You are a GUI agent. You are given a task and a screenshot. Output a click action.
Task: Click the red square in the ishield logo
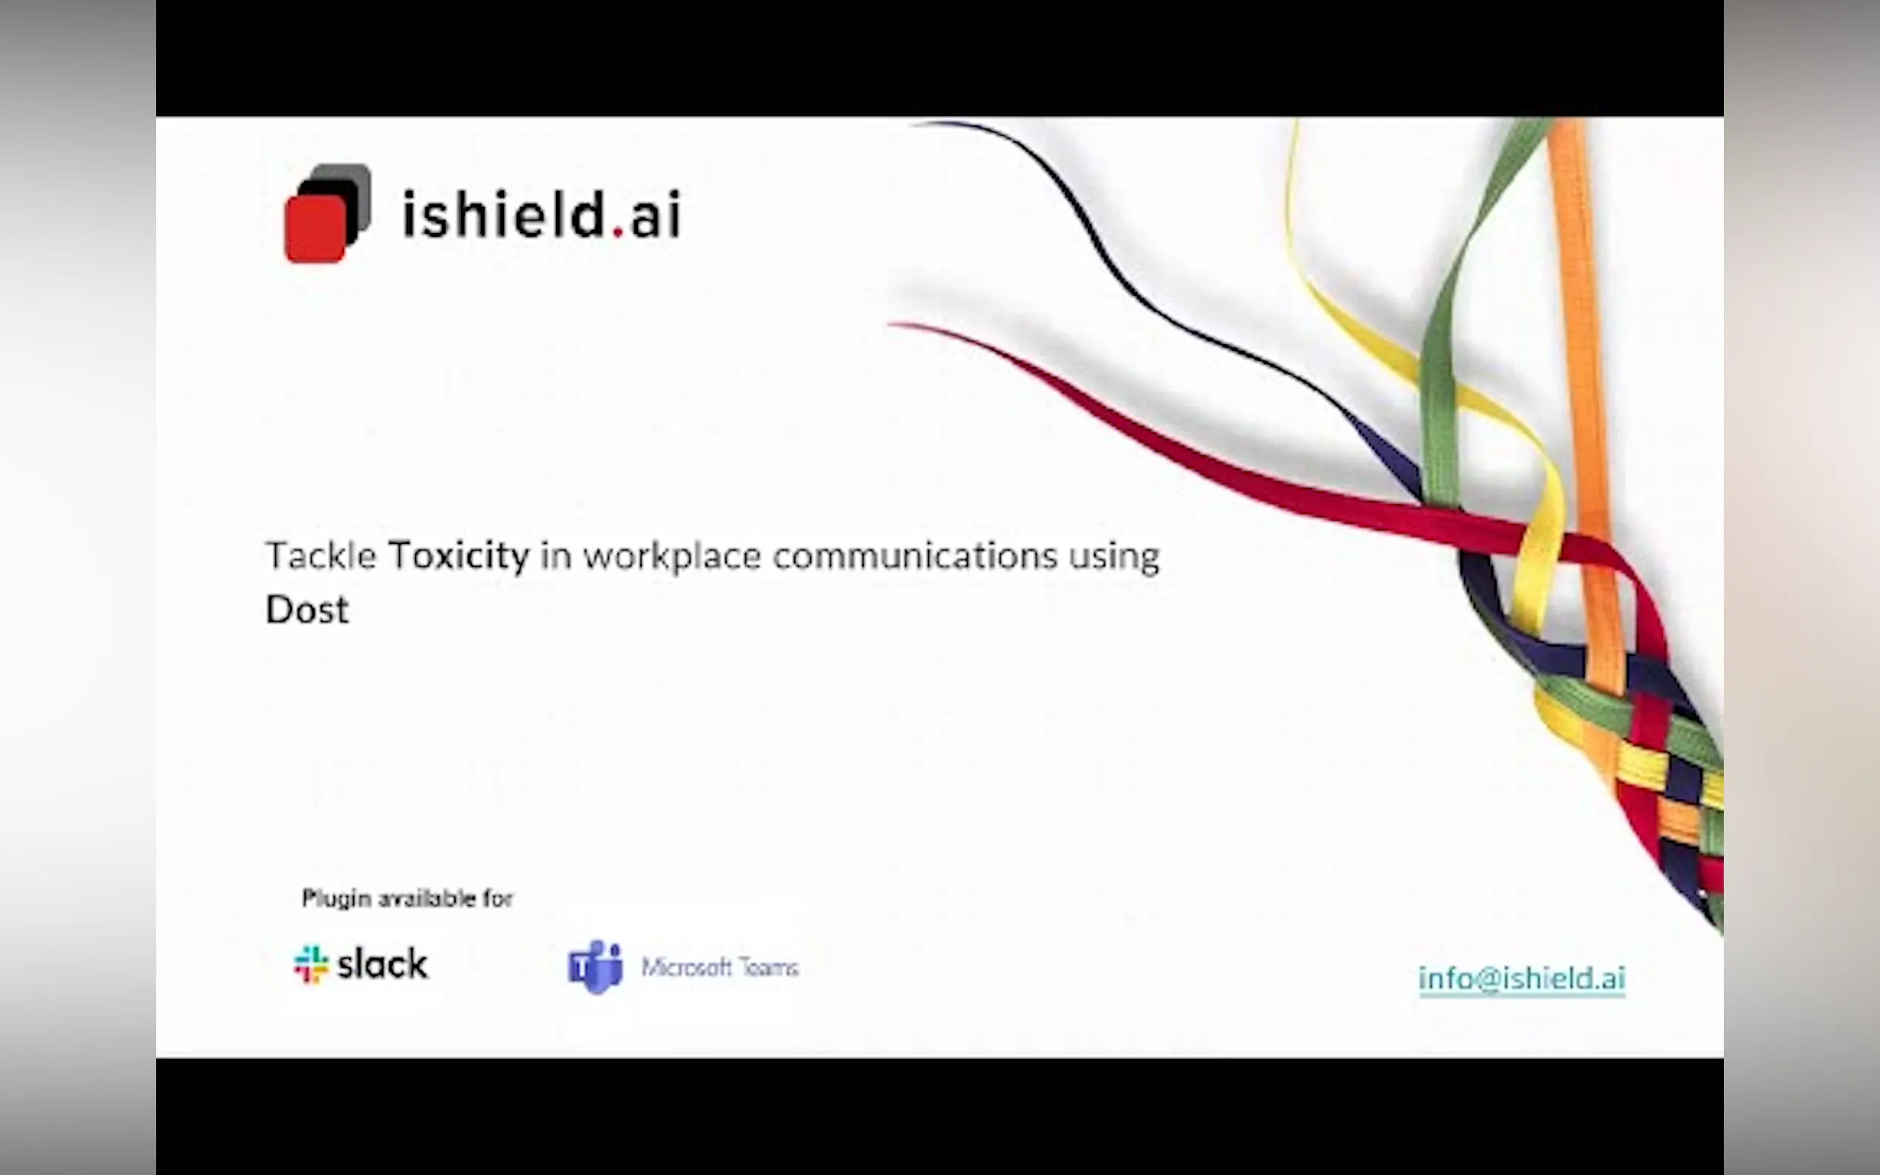pos(315,229)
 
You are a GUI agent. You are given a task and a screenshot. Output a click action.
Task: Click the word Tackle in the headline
pos(321,555)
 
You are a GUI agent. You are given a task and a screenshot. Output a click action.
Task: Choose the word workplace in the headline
pos(672,557)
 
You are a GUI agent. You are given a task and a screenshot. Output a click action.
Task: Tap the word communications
pos(915,556)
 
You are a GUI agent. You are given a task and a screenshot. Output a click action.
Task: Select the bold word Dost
pos(307,609)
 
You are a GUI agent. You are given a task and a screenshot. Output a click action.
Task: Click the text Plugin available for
pos(407,898)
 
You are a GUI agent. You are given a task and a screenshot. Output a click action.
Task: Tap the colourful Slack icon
pos(311,964)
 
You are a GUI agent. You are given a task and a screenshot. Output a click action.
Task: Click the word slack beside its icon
pos(383,963)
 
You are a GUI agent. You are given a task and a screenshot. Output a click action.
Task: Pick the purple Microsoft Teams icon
pos(596,967)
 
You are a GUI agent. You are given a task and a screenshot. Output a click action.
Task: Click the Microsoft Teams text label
pos(719,967)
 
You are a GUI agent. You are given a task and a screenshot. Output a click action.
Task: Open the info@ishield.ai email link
pos(1522,977)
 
